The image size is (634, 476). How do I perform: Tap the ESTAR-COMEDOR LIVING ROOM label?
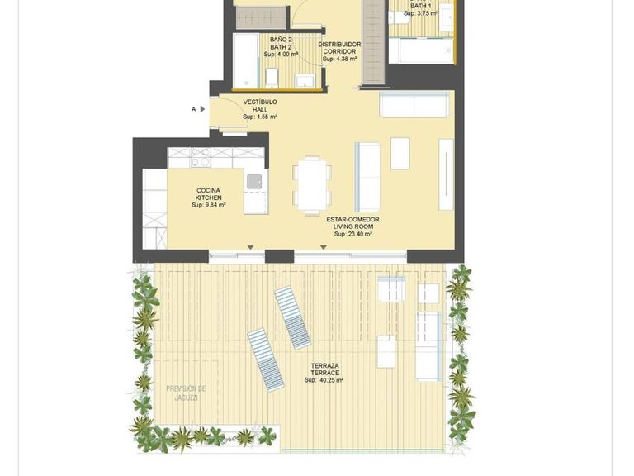pyautogui.click(x=352, y=222)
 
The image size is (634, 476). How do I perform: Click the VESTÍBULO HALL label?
pyautogui.click(x=259, y=106)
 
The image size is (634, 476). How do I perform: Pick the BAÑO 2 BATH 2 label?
pyautogui.click(x=282, y=43)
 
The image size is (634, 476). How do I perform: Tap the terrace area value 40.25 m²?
pyautogui.click(x=324, y=381)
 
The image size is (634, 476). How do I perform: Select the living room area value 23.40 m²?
pyautogui.click(x=352, y=235)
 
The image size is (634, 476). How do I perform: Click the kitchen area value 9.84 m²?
pyautogui.click(x=209, y=205)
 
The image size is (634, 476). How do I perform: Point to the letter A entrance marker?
pyautogui.click(x=194, y=108)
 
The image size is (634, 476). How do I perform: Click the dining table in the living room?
pyautogui.click(x=312, y=184)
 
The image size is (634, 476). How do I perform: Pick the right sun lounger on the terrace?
pyautogui.click(x=293, y=317)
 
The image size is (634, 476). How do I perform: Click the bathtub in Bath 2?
pyautogui.click(x=246, y=61)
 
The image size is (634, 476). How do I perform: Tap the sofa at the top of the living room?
pyautogui.click(x=415, y=105)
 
